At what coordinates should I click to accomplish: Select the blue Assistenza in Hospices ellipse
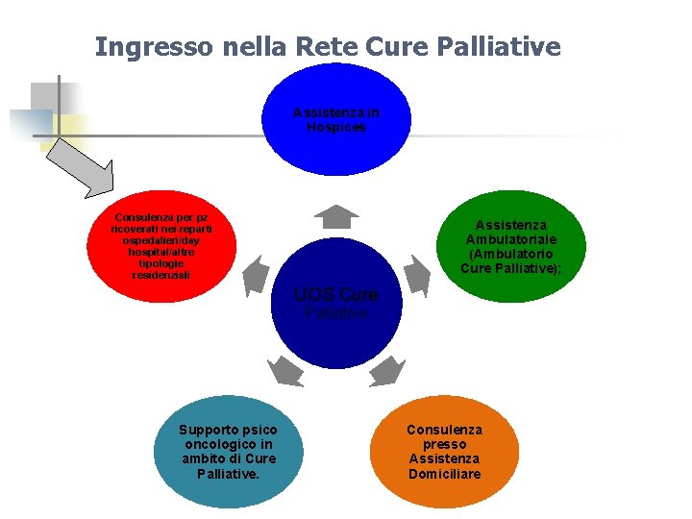[336, 120]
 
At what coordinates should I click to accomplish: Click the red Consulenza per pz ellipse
[161, 247]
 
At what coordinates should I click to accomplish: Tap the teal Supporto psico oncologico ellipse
[228, 452]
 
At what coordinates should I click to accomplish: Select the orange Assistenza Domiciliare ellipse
[444, 452]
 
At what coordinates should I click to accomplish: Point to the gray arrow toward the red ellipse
[257, 275]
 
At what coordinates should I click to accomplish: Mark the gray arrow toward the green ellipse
[416, 275]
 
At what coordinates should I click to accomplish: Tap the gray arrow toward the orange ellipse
[388, 370]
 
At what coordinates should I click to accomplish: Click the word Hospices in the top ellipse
[336, 127]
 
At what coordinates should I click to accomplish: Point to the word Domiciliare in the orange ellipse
[444, 474]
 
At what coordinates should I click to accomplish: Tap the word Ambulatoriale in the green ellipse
[511, 239]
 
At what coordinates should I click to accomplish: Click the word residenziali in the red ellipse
[161, 275]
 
